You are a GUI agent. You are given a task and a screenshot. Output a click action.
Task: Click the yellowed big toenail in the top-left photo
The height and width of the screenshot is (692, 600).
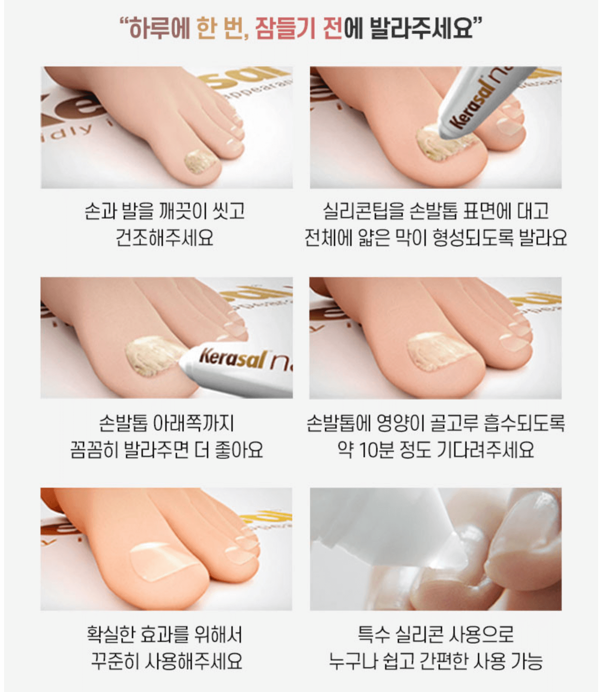(x=200, y=161)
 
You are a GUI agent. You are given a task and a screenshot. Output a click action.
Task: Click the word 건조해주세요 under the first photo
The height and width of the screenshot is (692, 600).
(x=164, y=238)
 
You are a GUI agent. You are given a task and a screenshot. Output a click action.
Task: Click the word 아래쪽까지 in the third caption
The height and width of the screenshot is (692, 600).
(x=194, y=423)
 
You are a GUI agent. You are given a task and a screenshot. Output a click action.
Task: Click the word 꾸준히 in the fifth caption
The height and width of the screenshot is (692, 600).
(x=114, y=661)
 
